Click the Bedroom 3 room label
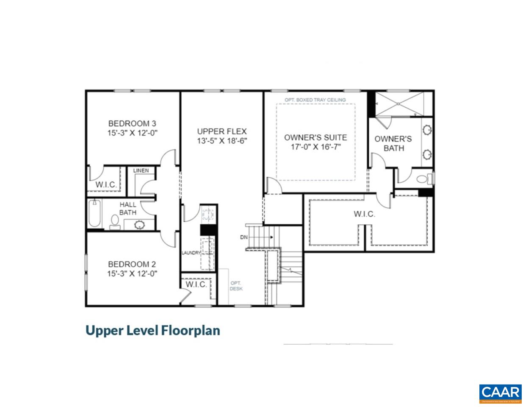click(132, 123)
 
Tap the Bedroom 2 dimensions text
click(132, 273)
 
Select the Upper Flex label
click(221, 131)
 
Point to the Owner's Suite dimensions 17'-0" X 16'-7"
click(315, 147)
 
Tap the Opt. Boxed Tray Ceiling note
click(315, 100)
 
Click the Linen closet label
click(141, 171)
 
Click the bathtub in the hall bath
click(95, 214)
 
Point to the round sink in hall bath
click(139, 225)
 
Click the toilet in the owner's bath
click(424, 178)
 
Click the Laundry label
click(191, 253)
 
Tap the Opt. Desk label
click(236, 286)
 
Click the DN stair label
click(244, 237)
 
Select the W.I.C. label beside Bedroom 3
click(106, 184)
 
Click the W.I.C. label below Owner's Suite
click(364, 214)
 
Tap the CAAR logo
click(500, 393)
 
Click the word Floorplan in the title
click(191, 330)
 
